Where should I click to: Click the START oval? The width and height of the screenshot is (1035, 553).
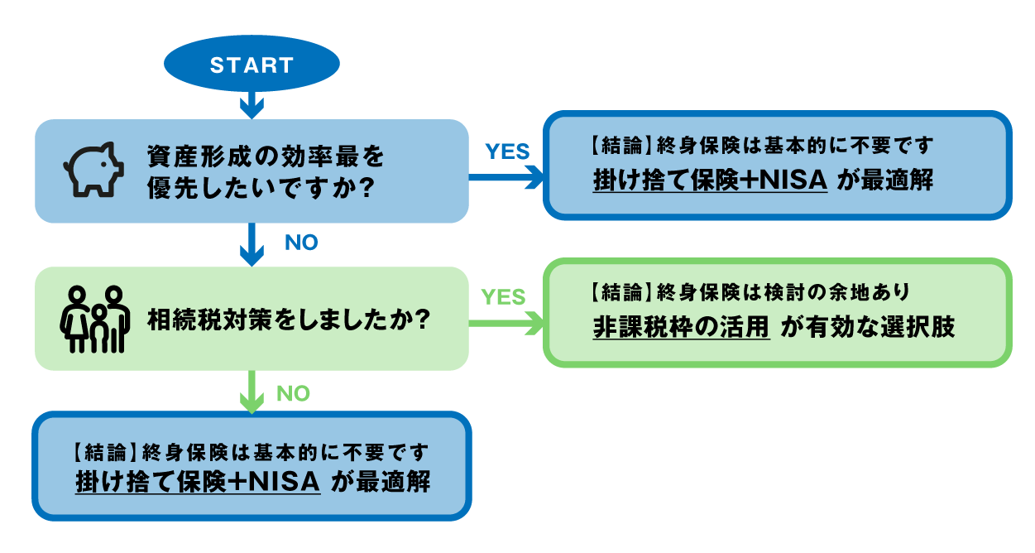click(x=252, y=65)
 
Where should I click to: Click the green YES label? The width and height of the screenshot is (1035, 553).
click(x=503, y=296)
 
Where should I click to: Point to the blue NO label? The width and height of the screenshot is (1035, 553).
click(x=301, y=243)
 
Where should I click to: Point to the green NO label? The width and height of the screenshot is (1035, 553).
click(x=293, y=393)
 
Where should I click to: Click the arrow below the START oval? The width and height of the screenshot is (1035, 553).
click(x=252, y=104)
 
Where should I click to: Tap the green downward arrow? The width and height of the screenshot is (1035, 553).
click(x=252, y=392)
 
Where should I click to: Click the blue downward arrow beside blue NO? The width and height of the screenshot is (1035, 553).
click(x=252, y=245)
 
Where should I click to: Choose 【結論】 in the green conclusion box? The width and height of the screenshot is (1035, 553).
click(x=617, y=292)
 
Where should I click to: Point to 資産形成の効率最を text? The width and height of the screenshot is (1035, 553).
click(x=266, y=154)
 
